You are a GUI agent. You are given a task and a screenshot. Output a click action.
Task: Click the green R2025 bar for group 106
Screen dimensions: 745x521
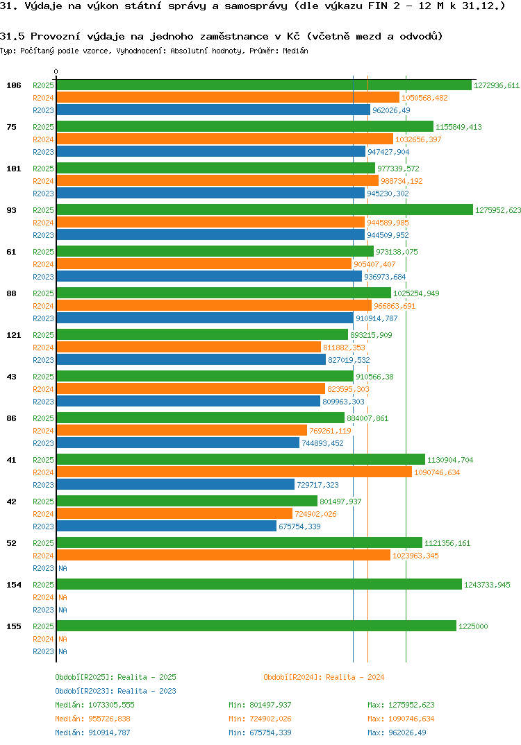coord(264,85)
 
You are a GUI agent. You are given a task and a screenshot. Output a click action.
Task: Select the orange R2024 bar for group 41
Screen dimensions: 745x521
coord(234,472)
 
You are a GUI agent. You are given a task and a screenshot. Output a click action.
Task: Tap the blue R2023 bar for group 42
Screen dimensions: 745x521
coord(167,526)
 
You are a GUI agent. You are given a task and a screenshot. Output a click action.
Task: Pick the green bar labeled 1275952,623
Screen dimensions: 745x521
coord(264,210)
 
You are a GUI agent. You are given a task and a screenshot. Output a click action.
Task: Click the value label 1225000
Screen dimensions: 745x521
coord(473,626)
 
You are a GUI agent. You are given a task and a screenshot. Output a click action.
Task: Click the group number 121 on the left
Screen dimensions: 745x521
coord(14,335)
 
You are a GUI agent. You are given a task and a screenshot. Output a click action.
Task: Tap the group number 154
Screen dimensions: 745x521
coord(14,585)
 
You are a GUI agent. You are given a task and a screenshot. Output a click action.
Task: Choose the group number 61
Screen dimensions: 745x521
coord(12,252)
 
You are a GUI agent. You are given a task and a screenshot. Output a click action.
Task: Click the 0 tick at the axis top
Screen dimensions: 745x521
coord(56,72)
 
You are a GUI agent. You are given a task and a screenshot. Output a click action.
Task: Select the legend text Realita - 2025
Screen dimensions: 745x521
coord(147,677)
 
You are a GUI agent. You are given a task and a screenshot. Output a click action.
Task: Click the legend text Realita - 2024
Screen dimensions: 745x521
coord(355,677)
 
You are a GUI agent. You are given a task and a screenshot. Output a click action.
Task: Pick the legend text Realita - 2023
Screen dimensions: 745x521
coord(147,691)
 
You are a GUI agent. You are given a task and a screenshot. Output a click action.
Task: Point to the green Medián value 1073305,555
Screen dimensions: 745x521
coord(110,705)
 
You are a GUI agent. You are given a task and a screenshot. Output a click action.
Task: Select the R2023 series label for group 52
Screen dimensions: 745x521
coord(43,568)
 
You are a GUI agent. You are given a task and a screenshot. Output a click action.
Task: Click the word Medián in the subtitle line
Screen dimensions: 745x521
coord(296,51)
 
